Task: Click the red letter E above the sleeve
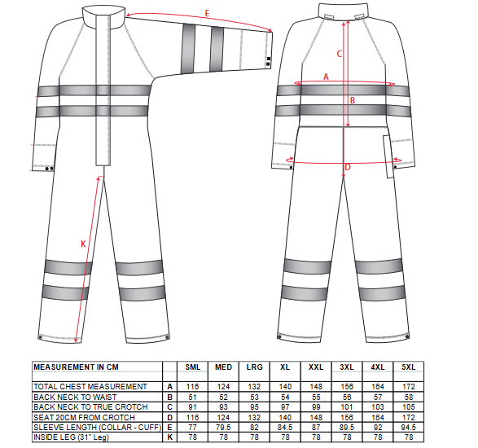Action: [x=208, y=13]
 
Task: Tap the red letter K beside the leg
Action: [x=83, y=244]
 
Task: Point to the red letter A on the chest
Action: [x=326, y=77]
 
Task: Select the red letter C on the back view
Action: [x=340, y=54]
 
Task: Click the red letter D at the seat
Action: [x=348, y=167]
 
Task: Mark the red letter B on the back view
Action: [x=353, y=100]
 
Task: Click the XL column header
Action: [x=285, y=367]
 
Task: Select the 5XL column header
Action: [x=409, y=367]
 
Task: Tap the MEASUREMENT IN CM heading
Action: [x=76, y=367]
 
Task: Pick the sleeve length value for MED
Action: [x=223, y=428]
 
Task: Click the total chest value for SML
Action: [x=193, y=387]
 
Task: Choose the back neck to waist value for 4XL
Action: [x=378, y=397]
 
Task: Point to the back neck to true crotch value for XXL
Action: [x=316, y=407]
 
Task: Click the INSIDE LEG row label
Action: [x=71, y=437]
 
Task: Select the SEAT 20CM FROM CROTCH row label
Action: [x=84, y=417]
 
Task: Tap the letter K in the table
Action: [x=170, y=437]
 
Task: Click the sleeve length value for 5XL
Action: [x=409, y=428]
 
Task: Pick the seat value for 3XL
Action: [x=347, y=417]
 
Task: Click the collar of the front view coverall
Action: [x=103, y=17]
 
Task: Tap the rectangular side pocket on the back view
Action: [x=388, y=156]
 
